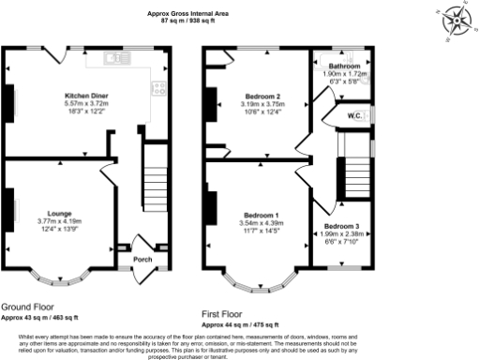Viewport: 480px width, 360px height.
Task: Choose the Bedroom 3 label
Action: pos(341,226)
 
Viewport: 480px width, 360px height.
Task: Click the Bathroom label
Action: pos(343,67)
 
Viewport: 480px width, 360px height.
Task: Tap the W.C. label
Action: pos(355,116)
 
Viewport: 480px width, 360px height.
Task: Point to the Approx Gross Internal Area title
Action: pos(188,13)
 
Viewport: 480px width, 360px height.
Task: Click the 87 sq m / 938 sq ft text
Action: pos(188,22)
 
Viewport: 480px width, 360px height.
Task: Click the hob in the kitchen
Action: pos(159,91)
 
